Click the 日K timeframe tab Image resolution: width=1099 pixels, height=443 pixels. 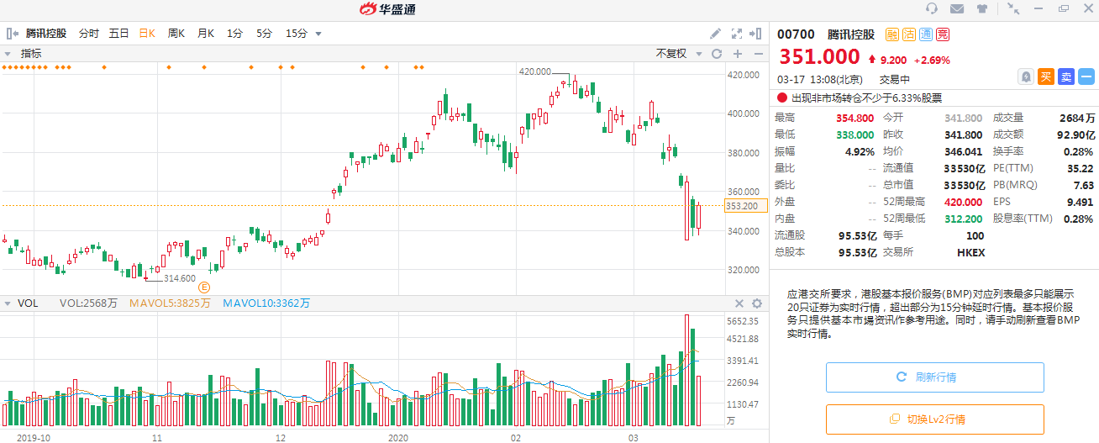tap(147, 34)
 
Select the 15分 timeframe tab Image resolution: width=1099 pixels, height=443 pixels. tap(297, 34)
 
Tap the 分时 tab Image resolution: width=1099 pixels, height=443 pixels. tap(88, 34)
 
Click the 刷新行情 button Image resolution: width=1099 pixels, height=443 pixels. tap(934, 377)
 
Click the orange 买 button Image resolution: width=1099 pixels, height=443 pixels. tap(1046, 76)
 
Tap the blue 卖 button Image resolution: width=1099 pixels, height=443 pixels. tap(1066, 76)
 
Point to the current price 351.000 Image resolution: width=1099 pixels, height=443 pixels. tap(819, 56)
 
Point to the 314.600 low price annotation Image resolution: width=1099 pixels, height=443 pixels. tap(179, 278)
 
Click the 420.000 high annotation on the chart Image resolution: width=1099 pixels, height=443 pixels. tap(535, 71)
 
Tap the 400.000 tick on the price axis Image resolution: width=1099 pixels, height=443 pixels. tap(743, 113)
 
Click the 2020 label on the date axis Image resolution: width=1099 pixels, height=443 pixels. tap(399, 438)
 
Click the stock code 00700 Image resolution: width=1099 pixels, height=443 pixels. tap(796, 34)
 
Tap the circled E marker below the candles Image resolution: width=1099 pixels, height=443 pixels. tap(203, 287)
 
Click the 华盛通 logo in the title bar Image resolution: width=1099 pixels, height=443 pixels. tap(387, 9)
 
